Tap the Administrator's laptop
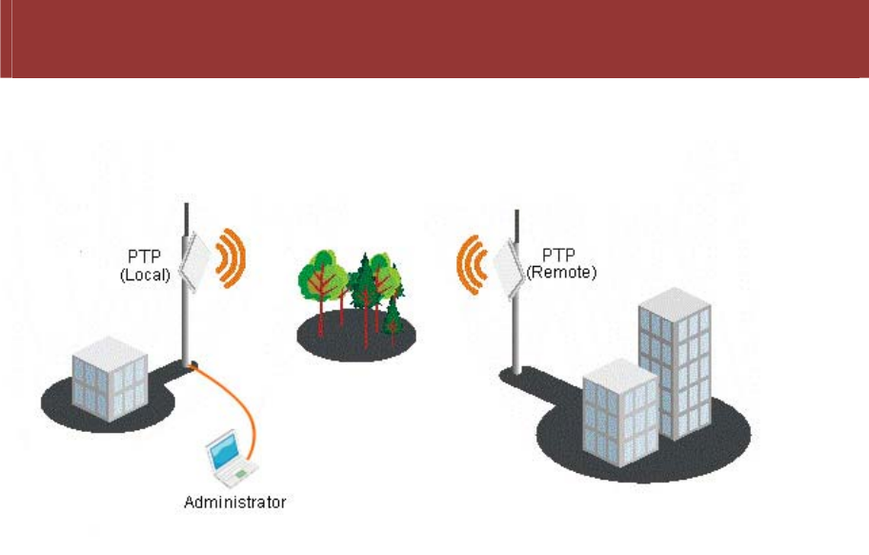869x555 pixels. click(x=232, y=456)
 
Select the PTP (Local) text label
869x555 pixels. click(x=145, y=265)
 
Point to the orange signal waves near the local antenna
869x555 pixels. click(x=232, y=257)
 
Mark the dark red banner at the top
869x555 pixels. click(x=434, y=38)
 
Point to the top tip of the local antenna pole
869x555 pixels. click(x=187, y=204)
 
